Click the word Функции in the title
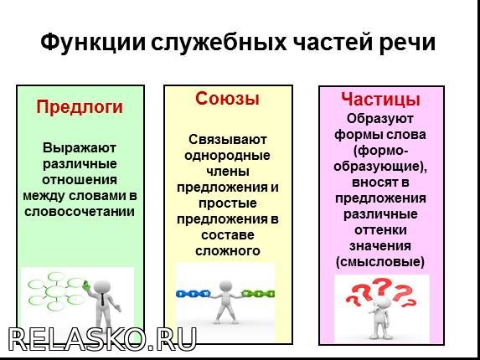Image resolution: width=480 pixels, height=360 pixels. (93, 42)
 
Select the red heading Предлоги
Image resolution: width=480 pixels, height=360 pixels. (80, 107)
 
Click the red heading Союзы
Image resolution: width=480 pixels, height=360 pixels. (228, 99)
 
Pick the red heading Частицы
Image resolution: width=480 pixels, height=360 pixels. (380, 100)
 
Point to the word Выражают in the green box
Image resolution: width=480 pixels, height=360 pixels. (80, 148)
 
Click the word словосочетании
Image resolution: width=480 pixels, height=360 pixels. (80, 211)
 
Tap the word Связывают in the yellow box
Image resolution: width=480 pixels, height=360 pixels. (228, 140)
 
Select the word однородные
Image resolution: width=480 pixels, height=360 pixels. (227, 156)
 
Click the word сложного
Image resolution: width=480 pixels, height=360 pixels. (228, 251)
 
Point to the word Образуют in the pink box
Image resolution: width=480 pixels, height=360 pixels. (380, 119)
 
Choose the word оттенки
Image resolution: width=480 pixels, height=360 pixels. (380, 229)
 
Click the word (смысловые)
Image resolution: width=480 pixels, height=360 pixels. (380, 262)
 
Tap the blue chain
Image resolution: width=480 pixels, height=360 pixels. (194, 294)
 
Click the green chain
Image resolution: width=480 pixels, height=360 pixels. (258, 294)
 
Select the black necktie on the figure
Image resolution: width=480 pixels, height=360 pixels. (102, 299)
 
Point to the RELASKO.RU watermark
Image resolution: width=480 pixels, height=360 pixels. (102, 339)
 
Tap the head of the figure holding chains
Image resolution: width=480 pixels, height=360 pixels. (225, 286)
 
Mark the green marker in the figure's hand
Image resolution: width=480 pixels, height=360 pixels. (86, 285)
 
